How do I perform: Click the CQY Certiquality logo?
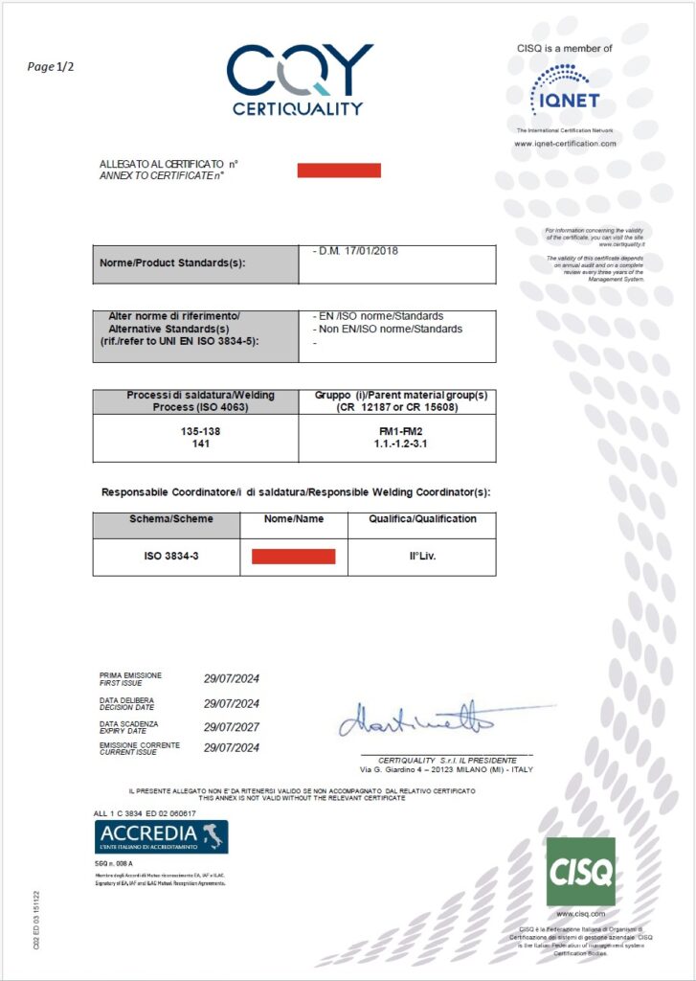coord(299,79)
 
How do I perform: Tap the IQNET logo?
coord(565,90)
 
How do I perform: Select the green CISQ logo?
coord(580,871)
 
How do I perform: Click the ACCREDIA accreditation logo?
coord(161,836)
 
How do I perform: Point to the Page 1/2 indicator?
coord(50,66)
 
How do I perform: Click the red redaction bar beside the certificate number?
coord(339,171)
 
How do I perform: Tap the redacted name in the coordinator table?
coord(293,557)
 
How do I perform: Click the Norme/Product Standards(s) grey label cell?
coord(195,264)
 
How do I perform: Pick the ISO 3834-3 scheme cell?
coord(166,557)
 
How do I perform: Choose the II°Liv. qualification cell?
coord(421,557)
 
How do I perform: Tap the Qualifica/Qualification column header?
coord(421,518)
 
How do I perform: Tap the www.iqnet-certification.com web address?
coord(565,144)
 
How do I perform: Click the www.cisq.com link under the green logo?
coord(580,914)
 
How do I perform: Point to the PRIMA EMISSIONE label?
coord(131,675)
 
